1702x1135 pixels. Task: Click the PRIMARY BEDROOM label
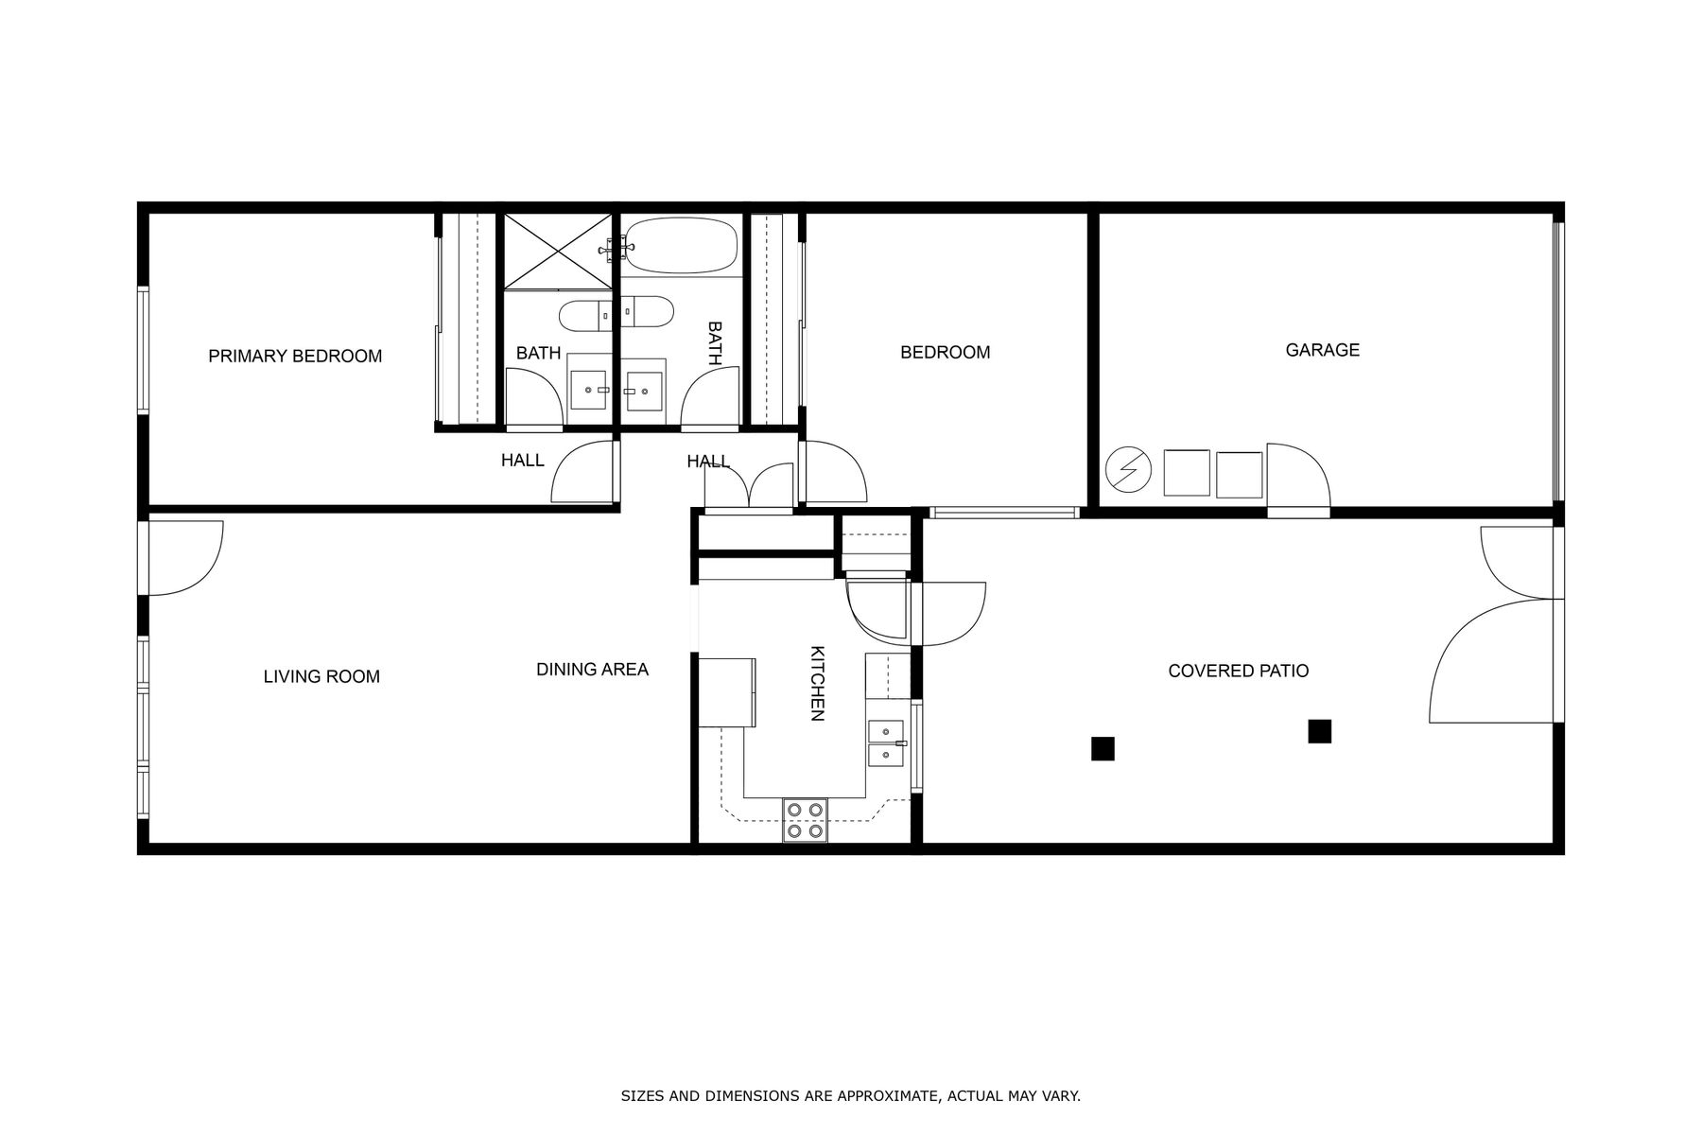[295, 357]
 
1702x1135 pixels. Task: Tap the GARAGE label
[1322, 350]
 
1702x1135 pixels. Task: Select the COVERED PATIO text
[1239, 671]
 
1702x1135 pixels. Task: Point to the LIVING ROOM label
[321, 676]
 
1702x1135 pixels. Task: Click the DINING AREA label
[592, 670]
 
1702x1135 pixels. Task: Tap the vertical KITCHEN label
[818, 683]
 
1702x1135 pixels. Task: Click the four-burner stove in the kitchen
[805, 820]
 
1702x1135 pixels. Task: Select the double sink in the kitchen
[886, 742]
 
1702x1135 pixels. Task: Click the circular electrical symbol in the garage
[1128, 470]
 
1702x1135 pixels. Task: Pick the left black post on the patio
[1103, 748]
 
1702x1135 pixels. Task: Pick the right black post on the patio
[1320, 731]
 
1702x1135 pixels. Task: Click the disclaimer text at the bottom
[850, 1096]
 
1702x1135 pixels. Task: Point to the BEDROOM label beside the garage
[945, 353]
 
